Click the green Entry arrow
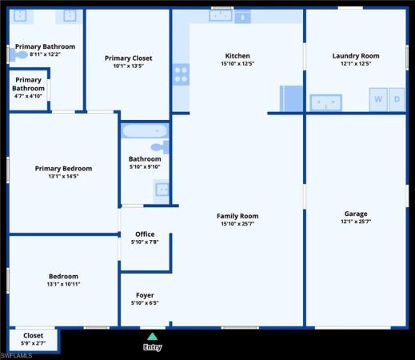(x=152, y=337)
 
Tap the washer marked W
(x=378, y=99)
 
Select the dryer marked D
(x=397, y=99)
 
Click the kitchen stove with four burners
(x=181, y=74)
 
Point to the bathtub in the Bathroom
(x=145, y=131)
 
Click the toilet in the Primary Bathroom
(x=18, y=54)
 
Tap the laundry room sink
(x=326, y=102)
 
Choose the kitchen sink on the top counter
(x=221, y=15)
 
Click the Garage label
(x=356, y=214)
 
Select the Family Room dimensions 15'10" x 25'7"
(x=237, y=224)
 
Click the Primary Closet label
(x=129, y=58)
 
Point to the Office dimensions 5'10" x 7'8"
(x=145, y=242)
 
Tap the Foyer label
(x=145, y=295)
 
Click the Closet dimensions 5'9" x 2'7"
(x=33, y=343)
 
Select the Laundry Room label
(x=356, y=56)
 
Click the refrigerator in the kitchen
(x=291, y=98)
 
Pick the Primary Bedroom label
(x=63, y=169)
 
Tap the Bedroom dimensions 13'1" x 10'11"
(x=63, y=284)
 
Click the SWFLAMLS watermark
(x=16, y=356)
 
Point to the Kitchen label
(x=237, y=56)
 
